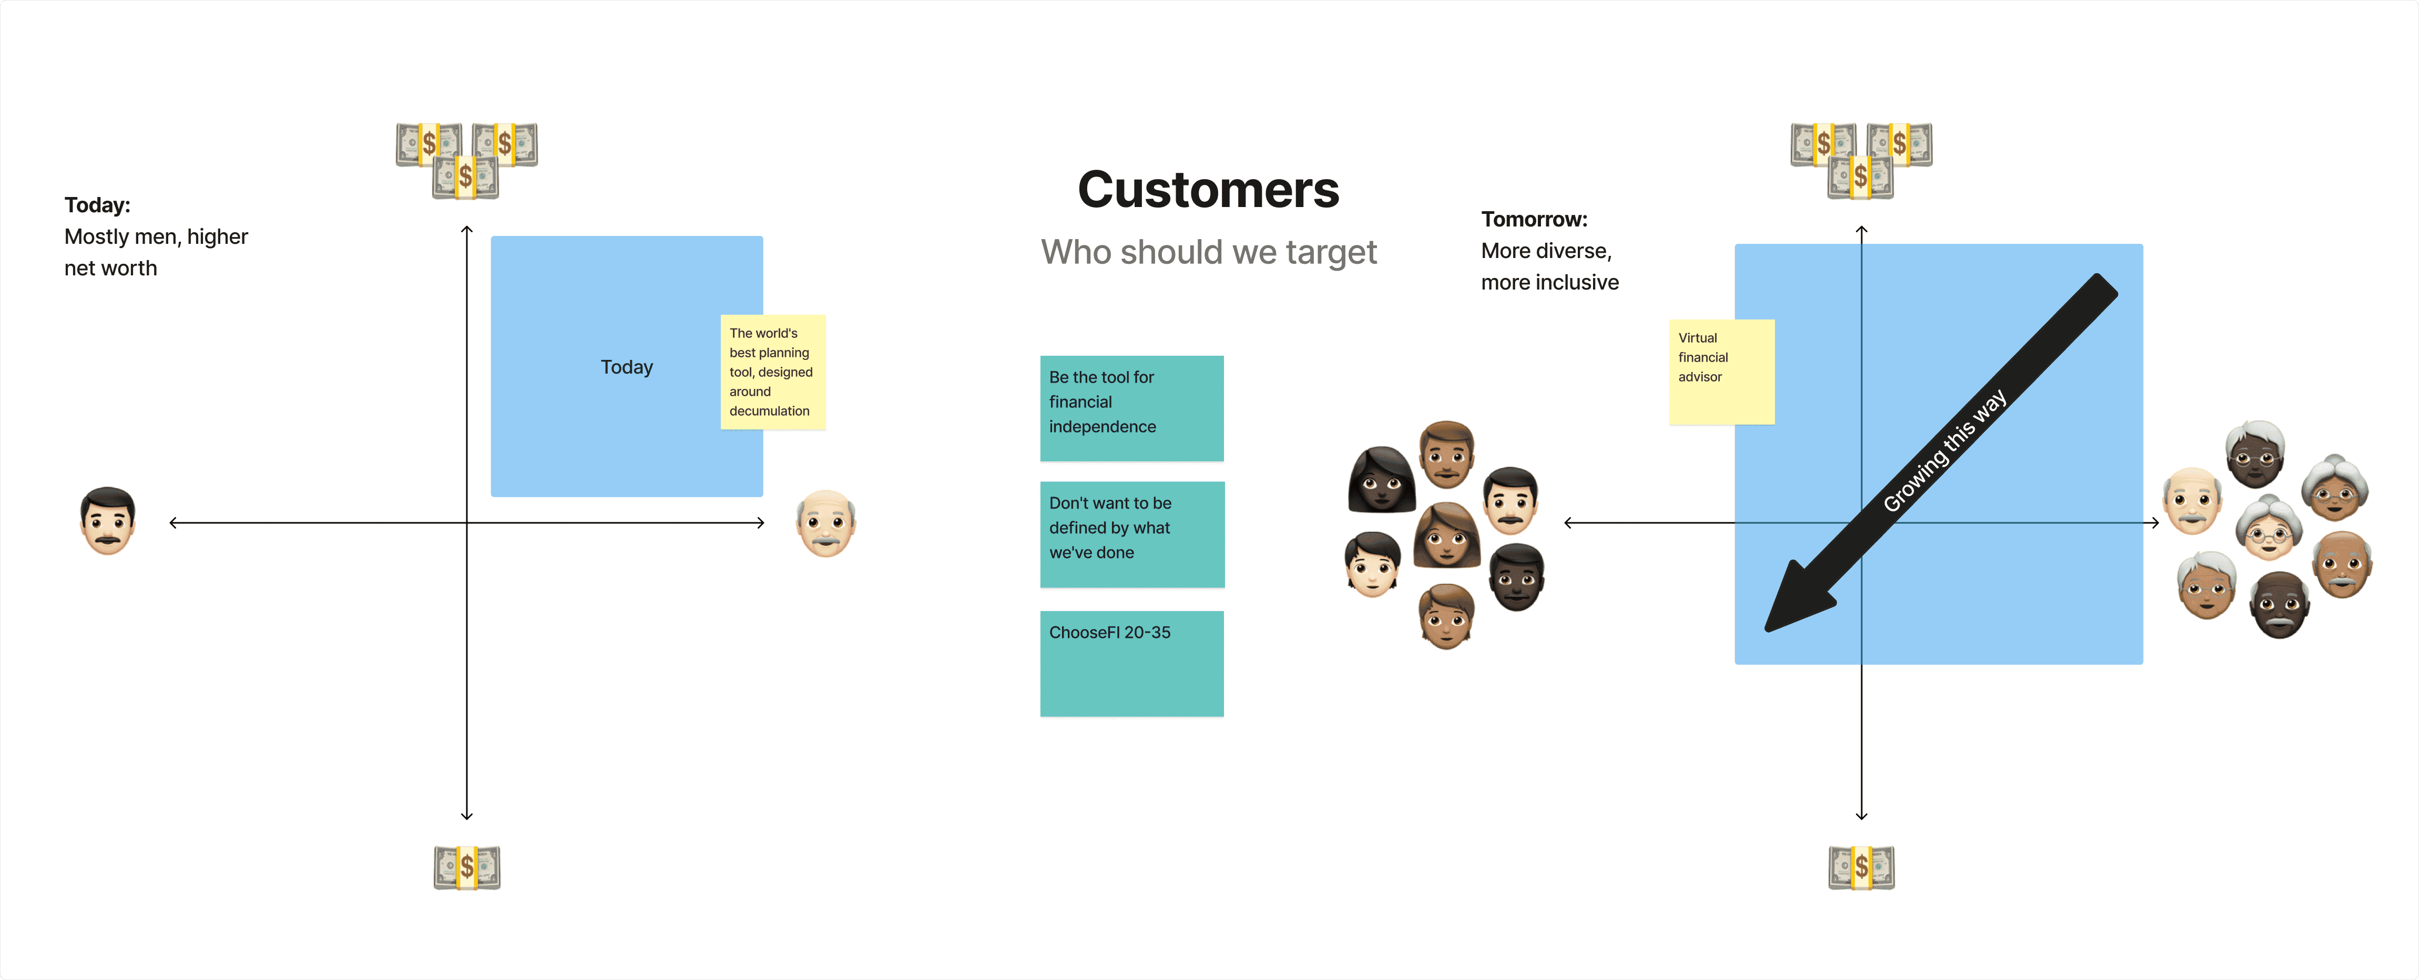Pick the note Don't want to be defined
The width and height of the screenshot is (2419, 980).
pyautogui.click(x=1131, y=533)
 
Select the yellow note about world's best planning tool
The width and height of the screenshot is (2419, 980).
pyautogui.click(x=772, y=372)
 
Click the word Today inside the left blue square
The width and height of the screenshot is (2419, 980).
pyautogui.click(x=626, y=367)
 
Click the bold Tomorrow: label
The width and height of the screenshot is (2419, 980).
pyautogui.click(x=1534, y=220)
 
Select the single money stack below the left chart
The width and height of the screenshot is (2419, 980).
pyautogui.click(x=467, y=868)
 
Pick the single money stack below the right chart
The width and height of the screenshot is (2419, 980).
pyautogui.click(x=1861, y=868)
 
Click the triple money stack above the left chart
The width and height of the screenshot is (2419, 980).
pyautogui.click(x=467, y=160)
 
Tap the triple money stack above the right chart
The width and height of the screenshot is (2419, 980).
pyautogui.click(x=1861, y=160)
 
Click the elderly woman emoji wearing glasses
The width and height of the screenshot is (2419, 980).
pyautogui.click(x=2268, y=529)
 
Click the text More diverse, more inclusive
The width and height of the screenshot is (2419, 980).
pyautogui.click(x=1549, y=266)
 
